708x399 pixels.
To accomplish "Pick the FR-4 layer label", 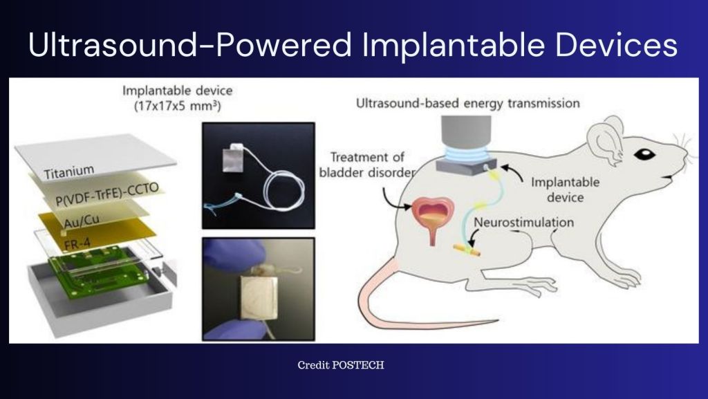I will click(x=68, y=243).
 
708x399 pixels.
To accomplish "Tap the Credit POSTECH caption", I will click(x=340, y=364).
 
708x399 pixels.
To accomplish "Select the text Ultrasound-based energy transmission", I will click(x=467, y=104).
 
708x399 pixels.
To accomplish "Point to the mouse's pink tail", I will click(x=415, y=311).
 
